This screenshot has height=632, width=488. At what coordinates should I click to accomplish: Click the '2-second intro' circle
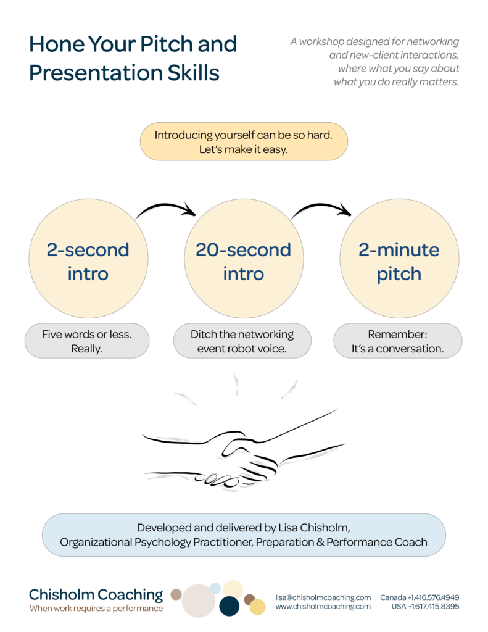(88, 259)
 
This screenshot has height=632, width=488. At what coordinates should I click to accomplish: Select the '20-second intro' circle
(244, 259)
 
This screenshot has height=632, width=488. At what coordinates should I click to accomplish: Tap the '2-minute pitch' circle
(399, 259)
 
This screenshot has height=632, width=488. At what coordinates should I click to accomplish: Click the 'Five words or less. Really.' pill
(87, 341)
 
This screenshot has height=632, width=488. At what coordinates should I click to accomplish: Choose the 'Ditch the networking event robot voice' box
(242, 341)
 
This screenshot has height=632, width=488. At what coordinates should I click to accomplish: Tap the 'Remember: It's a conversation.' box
(398, 341)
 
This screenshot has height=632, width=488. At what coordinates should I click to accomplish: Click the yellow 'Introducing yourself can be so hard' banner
(244, 141)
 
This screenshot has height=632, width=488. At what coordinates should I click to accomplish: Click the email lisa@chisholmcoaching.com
(323, 597)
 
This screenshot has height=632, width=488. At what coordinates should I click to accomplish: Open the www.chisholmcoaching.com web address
(323, 606)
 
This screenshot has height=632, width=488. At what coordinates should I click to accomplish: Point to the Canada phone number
(420, 597)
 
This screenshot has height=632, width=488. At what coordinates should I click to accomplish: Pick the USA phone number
(426, 606)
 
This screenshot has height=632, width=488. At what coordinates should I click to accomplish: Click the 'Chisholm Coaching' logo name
(96, 594)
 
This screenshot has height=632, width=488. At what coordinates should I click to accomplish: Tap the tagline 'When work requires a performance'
(96, 608)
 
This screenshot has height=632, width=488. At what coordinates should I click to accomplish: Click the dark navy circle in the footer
(230, 606)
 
